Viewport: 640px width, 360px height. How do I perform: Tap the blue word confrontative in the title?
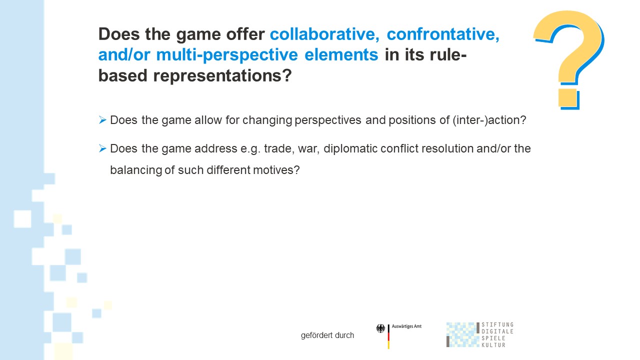(x=443, y=34)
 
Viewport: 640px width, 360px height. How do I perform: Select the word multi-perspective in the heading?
(x=227, y=55)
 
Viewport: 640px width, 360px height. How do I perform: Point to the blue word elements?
(x=341, y=54)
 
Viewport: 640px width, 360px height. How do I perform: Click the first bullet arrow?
(x=102, y=119)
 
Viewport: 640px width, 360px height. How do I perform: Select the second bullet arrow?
(x=102, y=148)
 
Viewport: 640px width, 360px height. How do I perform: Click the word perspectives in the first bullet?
(x=327, y=120)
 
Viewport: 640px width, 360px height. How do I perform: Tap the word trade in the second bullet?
(x=279, y=148)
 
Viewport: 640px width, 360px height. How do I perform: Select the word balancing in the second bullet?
(x=136, y=170)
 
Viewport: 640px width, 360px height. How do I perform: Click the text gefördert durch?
(x=327, y=335)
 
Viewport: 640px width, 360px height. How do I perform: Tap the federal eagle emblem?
(x=380, y=328)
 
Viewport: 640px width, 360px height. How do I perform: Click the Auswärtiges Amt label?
(x=406, y=326)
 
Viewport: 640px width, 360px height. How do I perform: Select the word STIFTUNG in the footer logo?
(x=497, y=324)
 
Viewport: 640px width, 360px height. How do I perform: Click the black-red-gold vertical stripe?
(x=388, y=336)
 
